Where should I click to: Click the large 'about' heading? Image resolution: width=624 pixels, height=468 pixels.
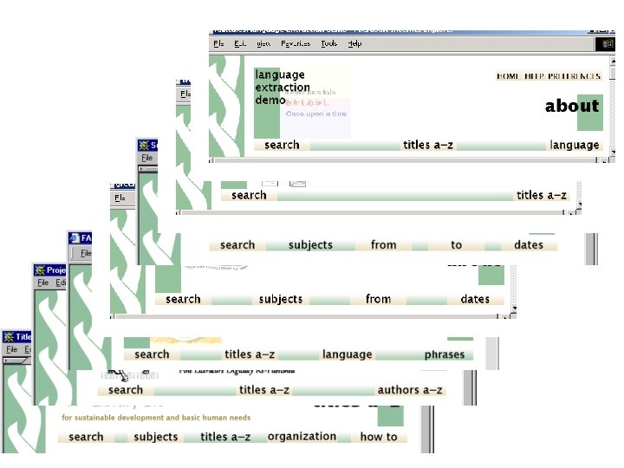571,106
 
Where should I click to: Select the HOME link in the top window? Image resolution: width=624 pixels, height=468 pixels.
508,76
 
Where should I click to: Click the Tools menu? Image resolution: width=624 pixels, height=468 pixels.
328,43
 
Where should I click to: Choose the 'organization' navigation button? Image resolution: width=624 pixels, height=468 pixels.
302,436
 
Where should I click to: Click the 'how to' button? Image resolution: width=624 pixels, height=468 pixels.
379,436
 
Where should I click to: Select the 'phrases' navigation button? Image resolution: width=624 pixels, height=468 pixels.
444,354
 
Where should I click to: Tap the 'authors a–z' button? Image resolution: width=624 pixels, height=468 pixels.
410,390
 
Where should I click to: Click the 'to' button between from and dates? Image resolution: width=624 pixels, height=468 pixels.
456,244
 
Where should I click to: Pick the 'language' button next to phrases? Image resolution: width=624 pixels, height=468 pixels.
347,354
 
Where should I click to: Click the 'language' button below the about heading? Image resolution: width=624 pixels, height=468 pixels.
574,145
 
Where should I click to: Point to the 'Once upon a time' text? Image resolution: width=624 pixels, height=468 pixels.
316,114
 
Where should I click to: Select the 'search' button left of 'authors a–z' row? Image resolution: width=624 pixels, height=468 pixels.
126,390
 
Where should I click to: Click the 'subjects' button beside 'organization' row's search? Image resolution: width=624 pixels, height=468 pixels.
156,436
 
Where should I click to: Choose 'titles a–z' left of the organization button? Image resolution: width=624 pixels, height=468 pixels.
225,436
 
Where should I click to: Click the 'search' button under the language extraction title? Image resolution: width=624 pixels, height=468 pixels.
282,145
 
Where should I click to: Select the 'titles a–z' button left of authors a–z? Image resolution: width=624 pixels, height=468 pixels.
264,390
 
